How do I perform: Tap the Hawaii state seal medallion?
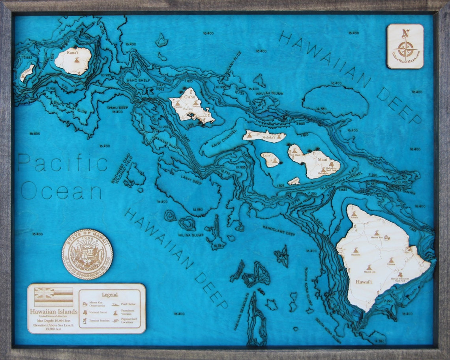point(87,254)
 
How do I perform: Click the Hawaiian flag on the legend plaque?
point(54,297)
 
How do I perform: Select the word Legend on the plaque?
point(109,295)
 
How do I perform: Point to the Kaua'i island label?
point(73,52)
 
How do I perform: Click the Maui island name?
point(323,159)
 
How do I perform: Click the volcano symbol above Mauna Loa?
point(369,267)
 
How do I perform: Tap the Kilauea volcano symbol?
point(391,261)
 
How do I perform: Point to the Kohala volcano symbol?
point(354,214)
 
